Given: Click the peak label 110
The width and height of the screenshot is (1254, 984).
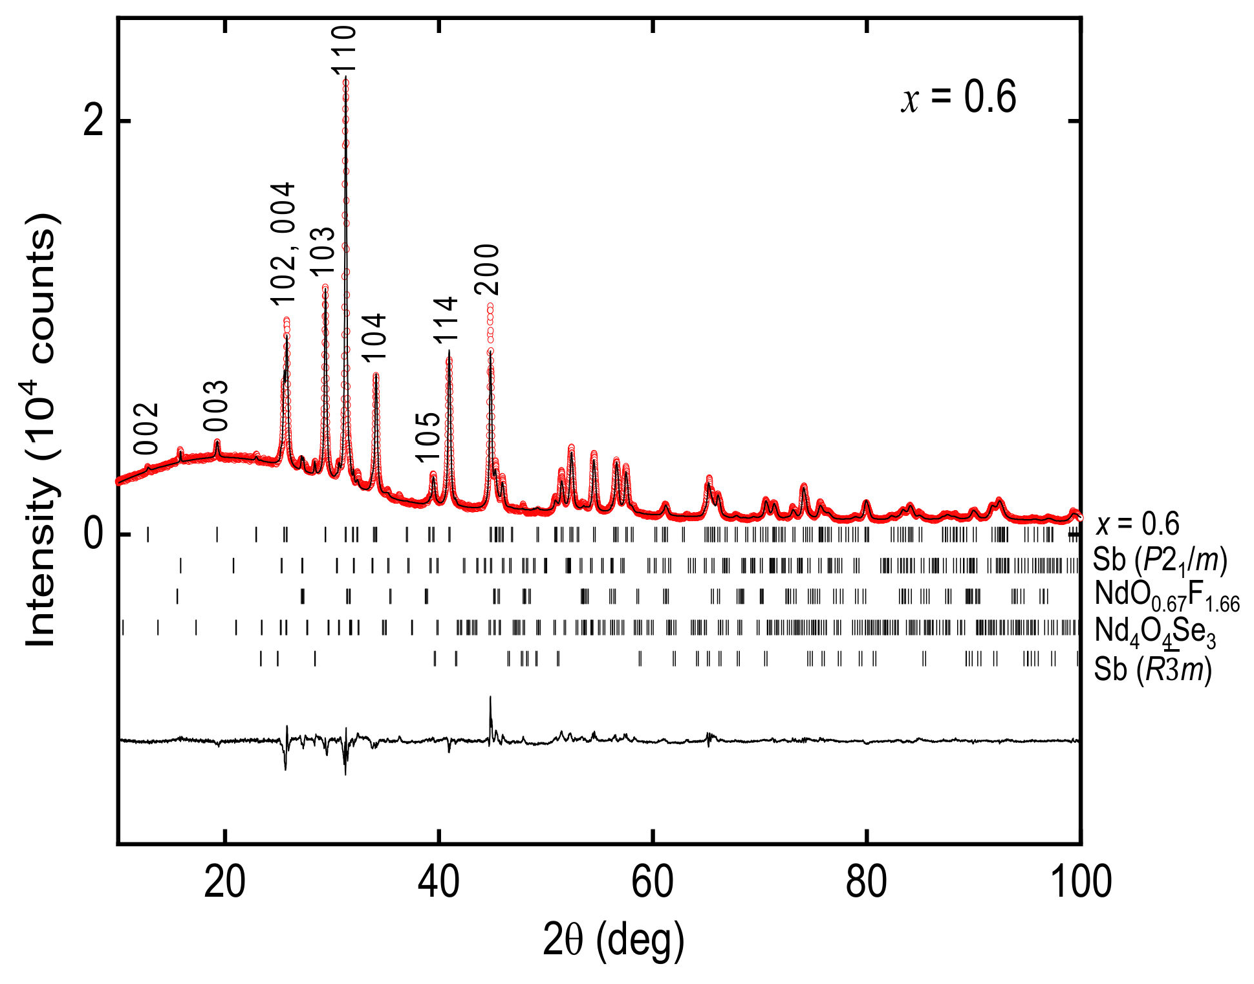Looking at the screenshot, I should point(343,49).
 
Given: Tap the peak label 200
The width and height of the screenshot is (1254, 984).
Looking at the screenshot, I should point(487,269).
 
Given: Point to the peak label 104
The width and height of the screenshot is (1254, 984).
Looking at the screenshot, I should point(373,337).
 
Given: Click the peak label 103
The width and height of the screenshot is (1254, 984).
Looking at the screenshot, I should point(323,252).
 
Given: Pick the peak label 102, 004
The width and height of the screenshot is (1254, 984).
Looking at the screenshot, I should point(283,243).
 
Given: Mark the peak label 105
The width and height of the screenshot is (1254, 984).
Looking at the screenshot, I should point(427,438).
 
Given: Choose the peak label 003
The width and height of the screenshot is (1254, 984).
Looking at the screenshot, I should point(216,406).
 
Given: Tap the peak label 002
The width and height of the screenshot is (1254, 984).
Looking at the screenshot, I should point(146,429).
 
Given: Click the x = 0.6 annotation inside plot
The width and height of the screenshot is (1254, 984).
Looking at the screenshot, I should point(958,98).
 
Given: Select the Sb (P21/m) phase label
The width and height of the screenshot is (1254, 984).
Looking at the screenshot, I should point(1160,560).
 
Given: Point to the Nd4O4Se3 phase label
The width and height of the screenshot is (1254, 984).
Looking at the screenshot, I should point(1155,631).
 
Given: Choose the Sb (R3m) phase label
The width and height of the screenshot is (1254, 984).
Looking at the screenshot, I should point(1152,669).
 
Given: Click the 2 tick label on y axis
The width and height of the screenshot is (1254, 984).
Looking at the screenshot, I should point(94,120).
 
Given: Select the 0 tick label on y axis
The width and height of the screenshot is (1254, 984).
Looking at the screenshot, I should point(94,534).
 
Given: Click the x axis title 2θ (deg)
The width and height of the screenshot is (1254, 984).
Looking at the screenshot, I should point(612,941).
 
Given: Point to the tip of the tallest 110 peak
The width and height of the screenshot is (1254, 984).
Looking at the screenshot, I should point(346,77).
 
